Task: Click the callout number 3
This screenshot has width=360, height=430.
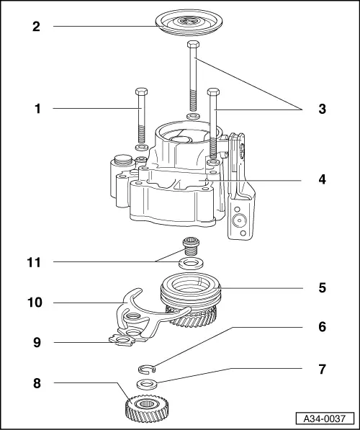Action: pos(322,109)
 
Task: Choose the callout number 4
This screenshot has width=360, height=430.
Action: pos(322,178)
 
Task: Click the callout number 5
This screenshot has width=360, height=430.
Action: pos(322,288)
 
